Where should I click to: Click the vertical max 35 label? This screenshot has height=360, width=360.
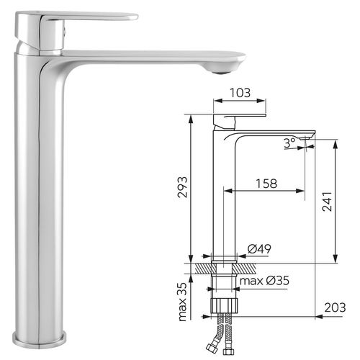[183, 303]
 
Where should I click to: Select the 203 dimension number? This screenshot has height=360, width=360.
[333, 307]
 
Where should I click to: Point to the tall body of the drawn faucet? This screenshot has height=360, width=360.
[221, 194]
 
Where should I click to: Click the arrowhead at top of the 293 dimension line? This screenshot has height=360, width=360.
[190, 118]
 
